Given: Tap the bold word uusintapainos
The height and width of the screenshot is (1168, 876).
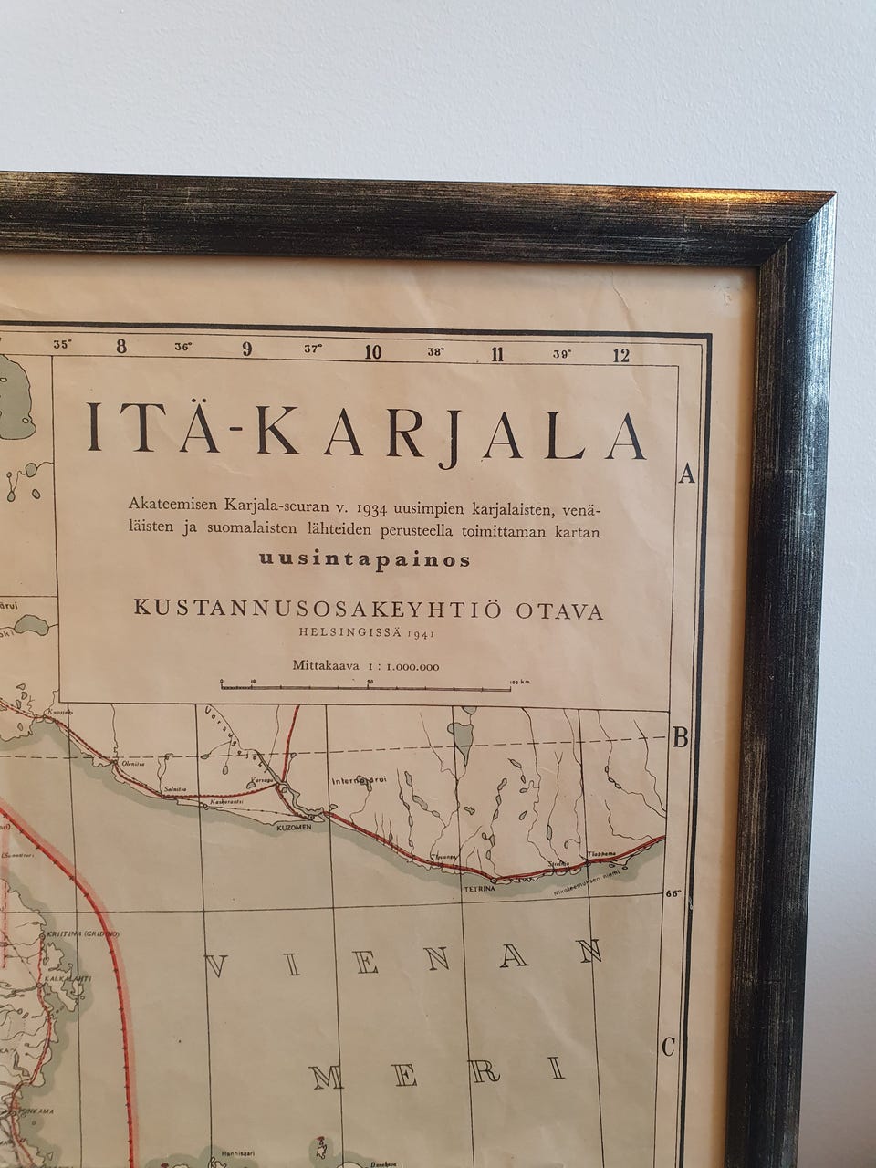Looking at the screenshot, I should point(364,559).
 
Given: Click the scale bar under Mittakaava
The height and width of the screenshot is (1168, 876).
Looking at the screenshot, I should point(365,683).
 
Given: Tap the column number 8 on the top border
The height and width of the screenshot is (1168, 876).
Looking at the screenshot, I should point(121,349).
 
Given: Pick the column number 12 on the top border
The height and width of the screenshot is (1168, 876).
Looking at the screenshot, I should point(621,355).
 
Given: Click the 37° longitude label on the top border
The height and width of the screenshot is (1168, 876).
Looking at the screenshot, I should point(313,348).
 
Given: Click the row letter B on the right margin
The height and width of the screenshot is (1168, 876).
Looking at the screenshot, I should point(680,738).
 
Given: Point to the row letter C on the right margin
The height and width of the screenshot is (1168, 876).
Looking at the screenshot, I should point(668,1047).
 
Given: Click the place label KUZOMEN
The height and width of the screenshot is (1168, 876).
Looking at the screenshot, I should point(294,828).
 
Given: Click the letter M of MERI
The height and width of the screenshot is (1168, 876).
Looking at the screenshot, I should point(327,1077).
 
